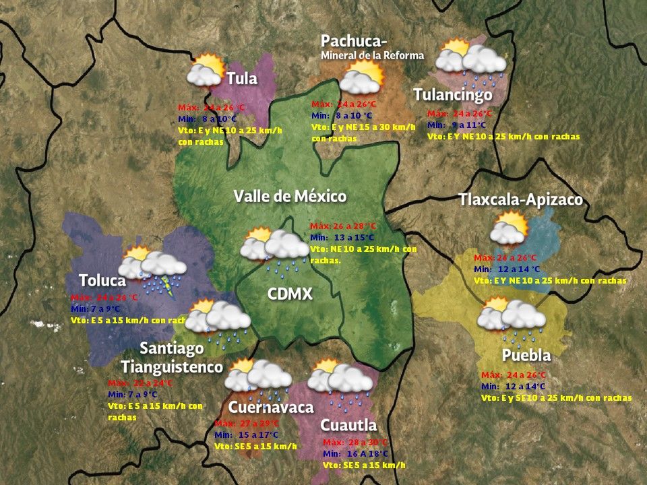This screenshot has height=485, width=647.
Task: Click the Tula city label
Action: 242,79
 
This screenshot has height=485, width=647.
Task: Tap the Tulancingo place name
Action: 453,94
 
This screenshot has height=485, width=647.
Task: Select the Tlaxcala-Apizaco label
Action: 520,200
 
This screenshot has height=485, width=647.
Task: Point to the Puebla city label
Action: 526,355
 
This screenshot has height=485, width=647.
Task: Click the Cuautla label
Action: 348,426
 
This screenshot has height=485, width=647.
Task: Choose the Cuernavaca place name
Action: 271,408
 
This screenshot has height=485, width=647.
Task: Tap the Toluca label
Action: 102,280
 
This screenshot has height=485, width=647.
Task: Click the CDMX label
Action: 290,294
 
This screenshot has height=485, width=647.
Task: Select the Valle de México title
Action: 290,197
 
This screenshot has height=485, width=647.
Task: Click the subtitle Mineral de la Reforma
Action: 373,55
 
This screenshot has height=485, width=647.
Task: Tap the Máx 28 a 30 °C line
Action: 355,443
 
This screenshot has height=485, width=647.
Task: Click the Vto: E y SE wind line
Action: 556,398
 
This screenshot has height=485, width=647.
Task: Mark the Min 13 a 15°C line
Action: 343,237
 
